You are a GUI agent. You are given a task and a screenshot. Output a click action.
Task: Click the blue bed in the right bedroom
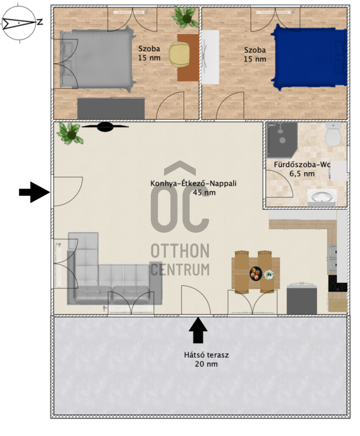click(309, 57)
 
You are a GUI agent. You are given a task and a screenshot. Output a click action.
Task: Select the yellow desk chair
click(180, 54)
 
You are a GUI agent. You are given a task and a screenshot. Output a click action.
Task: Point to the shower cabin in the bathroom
click(282, 140)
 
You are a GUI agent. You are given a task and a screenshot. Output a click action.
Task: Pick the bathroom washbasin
click(322, 197)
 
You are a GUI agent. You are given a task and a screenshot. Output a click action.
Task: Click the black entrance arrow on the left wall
click(35, 192)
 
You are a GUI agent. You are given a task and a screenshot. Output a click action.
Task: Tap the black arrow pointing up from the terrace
click(198, 330)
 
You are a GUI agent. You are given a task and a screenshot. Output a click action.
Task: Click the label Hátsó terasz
click(206, 355)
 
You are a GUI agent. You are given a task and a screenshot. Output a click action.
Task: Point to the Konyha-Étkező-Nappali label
click(193, 183)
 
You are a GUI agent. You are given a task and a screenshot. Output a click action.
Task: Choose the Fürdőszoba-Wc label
click(302, 164)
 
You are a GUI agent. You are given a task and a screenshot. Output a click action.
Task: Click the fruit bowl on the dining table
click(256, 273)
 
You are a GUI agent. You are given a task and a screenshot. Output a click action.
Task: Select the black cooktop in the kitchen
click(337, 283)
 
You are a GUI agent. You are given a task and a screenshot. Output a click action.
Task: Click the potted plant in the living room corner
click(70, 134)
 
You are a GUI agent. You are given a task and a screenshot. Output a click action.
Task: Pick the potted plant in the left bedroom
click(185, 17)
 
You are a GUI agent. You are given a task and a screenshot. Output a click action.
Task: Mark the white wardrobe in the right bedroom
click(210, 57)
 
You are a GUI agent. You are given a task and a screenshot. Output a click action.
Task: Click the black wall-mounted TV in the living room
click(105, 127)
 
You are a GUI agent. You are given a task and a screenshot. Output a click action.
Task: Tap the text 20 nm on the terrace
click(206, 363)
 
